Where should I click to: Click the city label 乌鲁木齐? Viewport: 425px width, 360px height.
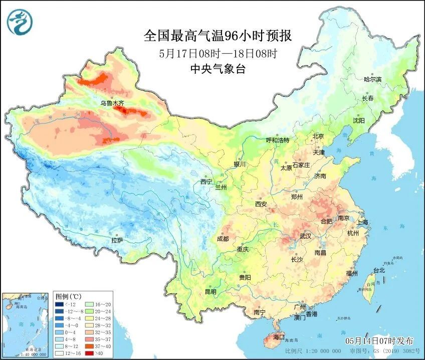[111, 103]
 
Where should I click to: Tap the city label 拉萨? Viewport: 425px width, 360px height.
[117, 241]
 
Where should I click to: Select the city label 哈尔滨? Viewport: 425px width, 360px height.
[372, 79]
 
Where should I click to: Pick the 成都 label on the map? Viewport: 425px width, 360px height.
[223, 239]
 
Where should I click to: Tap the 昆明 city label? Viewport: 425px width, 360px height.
[210, 292]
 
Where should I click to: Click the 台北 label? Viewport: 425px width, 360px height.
[378, 270]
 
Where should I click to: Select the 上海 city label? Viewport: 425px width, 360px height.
[362, 222]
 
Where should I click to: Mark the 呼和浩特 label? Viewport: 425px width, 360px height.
[277, 140]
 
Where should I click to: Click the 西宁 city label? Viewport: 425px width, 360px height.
[206, 182]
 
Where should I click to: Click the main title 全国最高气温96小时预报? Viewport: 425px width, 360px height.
[218, 36]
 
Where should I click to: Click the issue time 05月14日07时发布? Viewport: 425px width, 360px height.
[379, 340]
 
